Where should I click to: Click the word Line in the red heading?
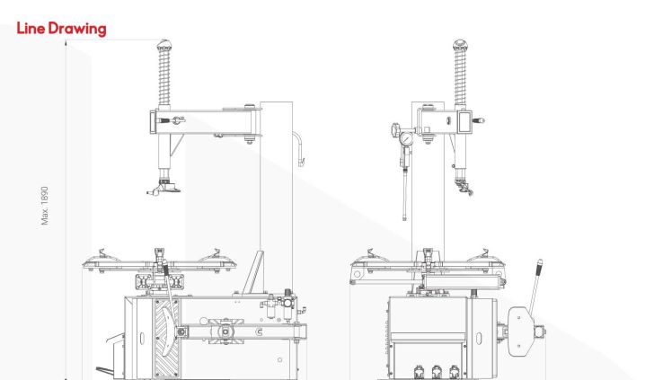point(31,29)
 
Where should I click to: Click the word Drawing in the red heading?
point(77,29)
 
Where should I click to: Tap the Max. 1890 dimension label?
point(44,206)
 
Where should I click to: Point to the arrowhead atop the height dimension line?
point(66,43)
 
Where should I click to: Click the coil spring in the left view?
point(164,76)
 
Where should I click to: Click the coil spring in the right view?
point(460,76)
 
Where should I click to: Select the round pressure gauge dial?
point(406,138)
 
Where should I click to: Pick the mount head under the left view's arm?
point(164,187)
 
